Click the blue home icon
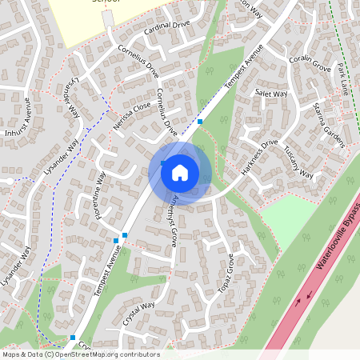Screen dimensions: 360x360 point(180,173)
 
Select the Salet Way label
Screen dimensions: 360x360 point(271,94)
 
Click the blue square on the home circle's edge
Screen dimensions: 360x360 point(163,163)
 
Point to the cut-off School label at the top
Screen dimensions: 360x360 point(105,2)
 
